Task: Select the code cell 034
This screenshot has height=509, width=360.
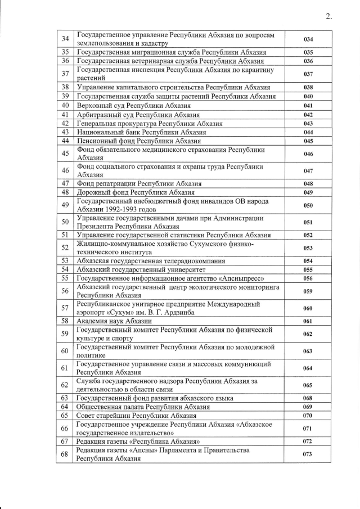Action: coord(308,39)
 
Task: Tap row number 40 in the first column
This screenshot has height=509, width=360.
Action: coord(65,105)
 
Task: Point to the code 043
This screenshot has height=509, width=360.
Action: coord(308,123)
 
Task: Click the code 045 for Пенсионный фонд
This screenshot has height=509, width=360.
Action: coord(308,141)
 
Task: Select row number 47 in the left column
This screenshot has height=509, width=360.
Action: coord(65,183)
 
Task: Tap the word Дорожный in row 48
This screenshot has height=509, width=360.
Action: coord(93,192)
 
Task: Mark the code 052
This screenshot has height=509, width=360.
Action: coord(308,235)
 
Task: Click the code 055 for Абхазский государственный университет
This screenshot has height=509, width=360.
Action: coord(308,270)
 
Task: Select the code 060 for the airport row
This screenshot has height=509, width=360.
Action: coord(308,308)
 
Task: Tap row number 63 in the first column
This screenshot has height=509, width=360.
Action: coord(65,398)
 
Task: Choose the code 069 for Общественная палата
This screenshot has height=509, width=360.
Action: coord(308,407)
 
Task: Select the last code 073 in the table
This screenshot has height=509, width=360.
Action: coord(308,454)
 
